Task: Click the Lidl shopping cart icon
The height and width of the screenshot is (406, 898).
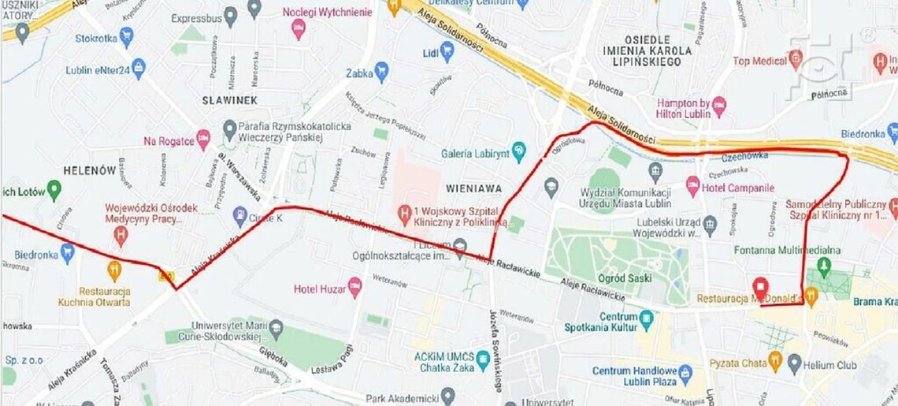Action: (447, 51)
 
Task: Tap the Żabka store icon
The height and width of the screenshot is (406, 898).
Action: (382, 73)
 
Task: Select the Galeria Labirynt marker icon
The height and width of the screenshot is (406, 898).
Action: (518, 150)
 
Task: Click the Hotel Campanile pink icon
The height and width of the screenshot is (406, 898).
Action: (693, 187)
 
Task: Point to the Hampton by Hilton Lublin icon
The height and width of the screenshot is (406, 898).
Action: (718, 105)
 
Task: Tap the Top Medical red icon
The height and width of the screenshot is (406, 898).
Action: (796, 59)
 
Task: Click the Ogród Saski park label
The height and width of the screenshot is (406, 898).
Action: (625, 278)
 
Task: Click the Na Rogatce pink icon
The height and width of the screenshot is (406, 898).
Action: (203, 140)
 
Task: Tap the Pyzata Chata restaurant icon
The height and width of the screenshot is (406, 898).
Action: (775, 363)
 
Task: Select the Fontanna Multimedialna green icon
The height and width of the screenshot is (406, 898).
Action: (825, 266)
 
